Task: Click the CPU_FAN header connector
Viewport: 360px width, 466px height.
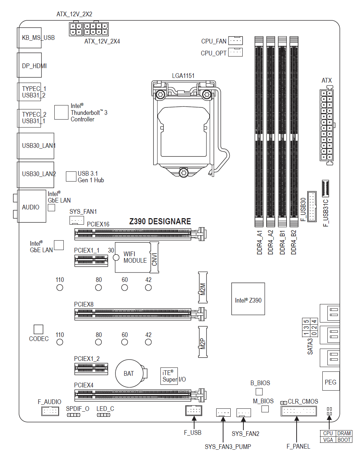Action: [x=235, y=41]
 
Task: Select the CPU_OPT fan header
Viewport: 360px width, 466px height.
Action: [x=235, y=53]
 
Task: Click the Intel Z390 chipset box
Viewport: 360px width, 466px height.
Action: [x=248, y=299]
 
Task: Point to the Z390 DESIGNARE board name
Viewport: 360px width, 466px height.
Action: [x=160, y=221]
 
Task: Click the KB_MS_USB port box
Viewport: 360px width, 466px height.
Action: [x=29, y=38]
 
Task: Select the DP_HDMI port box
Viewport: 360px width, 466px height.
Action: [x=29, y=65]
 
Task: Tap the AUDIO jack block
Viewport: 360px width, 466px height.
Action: [x=32, y=207]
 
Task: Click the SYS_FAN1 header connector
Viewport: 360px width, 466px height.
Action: [x=77, y=220]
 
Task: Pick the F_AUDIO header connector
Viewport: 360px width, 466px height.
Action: [x=50, y=411]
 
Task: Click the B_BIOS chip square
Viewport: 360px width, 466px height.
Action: [x=259, y=391]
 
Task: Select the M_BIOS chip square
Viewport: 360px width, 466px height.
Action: [x=265, y=409]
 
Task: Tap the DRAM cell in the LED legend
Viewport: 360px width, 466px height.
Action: [x=344, y=433]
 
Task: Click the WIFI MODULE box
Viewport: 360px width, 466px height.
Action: [x=133, y=258]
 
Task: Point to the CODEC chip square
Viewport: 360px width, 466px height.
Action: [x=38, y=329]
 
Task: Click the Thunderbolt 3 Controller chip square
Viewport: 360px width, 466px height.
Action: [x=61, y=112]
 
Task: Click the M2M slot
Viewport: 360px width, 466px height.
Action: [x=203, y=288]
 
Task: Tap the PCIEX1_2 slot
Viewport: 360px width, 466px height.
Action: [x=91, y=369]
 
